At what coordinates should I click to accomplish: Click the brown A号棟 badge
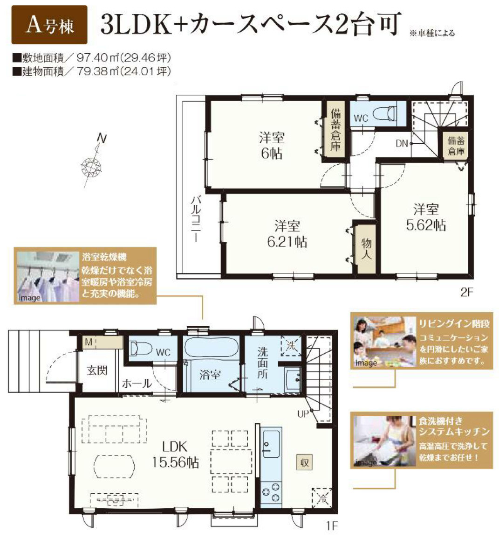49,25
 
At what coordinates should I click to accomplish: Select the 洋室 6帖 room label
272,146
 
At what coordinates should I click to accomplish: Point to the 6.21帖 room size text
287,242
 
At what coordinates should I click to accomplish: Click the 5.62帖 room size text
426,225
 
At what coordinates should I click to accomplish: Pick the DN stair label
402,143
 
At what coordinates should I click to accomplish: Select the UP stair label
303,414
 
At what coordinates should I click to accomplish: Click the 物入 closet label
366,249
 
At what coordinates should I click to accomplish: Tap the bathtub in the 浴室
211,348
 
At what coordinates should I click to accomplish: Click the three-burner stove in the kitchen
271,494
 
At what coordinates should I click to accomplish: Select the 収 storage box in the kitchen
304,462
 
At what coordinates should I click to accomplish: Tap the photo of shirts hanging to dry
48,276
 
